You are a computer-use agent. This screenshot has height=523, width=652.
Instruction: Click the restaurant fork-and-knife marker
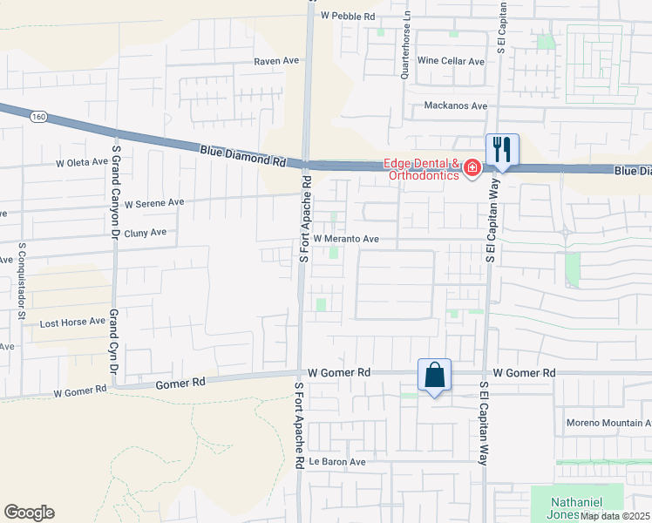tap(502, 148)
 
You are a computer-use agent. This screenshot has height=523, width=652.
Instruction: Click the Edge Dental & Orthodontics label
tap(423, 169)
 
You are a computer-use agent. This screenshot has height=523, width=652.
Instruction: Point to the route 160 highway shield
tap(37, 118)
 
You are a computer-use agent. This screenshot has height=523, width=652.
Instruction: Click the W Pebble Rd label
tap(347, 16)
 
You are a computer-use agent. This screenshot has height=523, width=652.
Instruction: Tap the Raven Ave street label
tap(276, 62)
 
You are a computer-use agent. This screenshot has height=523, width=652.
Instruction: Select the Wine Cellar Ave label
tap(451, 62)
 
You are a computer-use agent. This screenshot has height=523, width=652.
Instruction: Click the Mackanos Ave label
tap(455, 105)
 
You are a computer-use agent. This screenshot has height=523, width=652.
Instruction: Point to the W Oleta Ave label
tap(81, 163)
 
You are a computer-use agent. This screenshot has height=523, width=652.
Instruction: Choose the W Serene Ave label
tap(154, 202)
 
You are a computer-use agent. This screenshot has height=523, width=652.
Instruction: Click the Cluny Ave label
tap(145, 233)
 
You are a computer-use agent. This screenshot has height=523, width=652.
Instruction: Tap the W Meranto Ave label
tap(346, 238)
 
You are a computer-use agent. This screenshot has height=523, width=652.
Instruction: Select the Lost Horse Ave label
tap(72, 323)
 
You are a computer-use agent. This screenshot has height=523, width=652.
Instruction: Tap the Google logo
tap(29, 513)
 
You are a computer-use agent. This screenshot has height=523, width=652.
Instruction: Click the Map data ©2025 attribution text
tap(615, 516)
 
